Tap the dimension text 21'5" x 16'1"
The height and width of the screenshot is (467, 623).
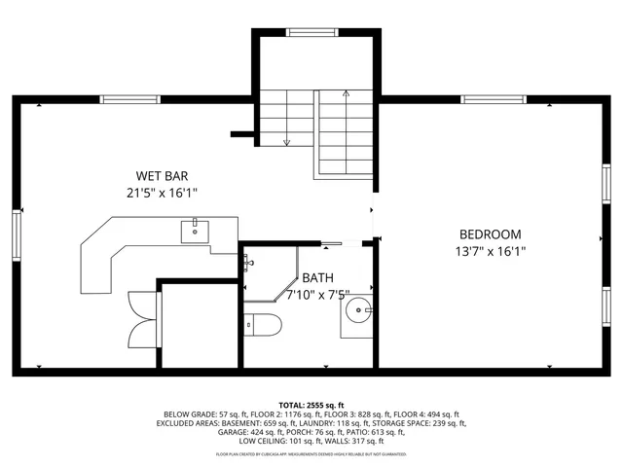pyautogui.click(x=162, y=193)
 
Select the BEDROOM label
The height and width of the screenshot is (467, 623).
pyautogui.click(x=490, y=234)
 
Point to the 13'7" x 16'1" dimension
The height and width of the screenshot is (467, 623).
pyautogui.click(x=491, y=251)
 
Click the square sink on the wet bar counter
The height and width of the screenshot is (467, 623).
pyautogui.click(x=194, y=231)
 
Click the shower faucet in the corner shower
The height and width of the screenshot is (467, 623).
pyautogui.click(x=248, y=263)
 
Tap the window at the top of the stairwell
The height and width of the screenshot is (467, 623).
pyautogui.click(x=312, y=33)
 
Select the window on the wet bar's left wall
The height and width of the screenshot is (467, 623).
pyautogui.click(x=17, y=234)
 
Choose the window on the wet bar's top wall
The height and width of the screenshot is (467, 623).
pyautogui.click(x=128, y=98)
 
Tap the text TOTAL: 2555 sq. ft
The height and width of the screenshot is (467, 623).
pyautogui.click(x=311, y=405)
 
